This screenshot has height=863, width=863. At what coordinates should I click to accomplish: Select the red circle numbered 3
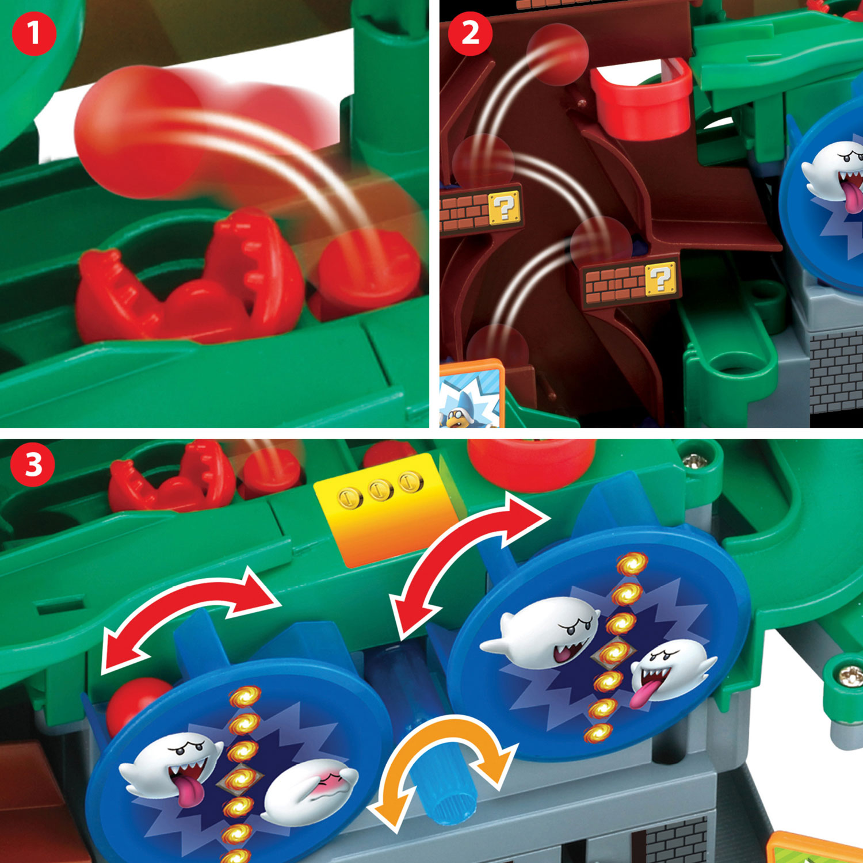(x=33, y=464)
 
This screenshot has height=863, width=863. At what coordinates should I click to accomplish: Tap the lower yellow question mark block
(x=660, y=278)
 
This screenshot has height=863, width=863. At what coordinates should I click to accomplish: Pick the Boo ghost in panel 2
(x=834, y=173)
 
